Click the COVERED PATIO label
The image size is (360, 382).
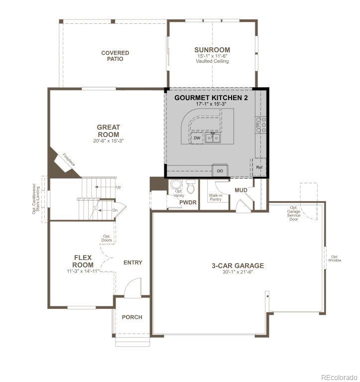[115, 56]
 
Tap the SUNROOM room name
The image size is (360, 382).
[212, 50]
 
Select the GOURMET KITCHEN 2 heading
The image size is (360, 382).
[211, 98]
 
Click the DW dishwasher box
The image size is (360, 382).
[197, 138]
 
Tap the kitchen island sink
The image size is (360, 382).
[214, 138]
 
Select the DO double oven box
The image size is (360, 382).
[220, 171]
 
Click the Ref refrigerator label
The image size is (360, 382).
[259, 168]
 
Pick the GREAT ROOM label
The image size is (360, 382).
[108, 131]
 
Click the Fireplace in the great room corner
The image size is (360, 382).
[68, 160]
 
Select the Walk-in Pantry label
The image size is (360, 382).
[215, 198]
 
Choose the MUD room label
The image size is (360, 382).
[241, 190]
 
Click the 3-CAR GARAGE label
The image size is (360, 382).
[238, 265]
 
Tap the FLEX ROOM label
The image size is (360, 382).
[83, 261]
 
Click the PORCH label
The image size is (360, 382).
[132, 317]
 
